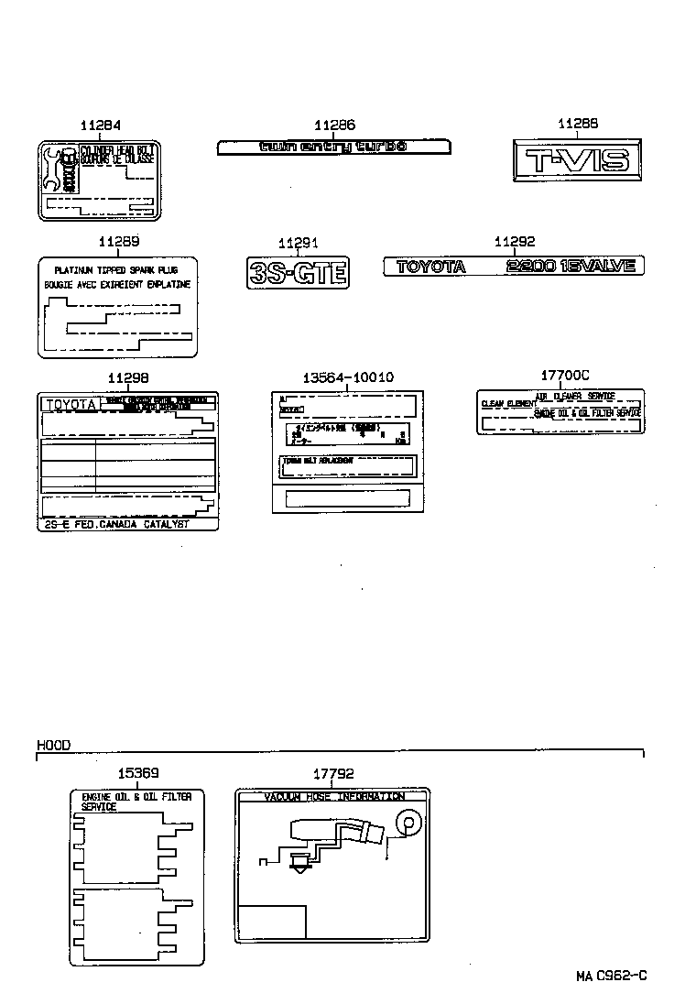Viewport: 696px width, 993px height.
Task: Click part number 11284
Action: pos(99,125)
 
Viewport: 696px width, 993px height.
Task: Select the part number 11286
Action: pos(334,125)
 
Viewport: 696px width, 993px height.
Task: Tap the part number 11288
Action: pos(578,125)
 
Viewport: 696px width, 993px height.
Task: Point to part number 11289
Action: pos(117,242)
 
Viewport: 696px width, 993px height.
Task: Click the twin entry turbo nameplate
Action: pos(333,147)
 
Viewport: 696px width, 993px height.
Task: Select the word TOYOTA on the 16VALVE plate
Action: pos(430,267)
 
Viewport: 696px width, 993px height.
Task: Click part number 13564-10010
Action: pos(347,377)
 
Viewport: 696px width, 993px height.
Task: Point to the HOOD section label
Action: pos(53,747)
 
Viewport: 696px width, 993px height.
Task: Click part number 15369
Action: pos(137,774)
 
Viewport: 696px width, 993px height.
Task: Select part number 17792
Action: pos(332,774)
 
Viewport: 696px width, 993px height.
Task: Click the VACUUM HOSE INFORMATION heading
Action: pos(333,797)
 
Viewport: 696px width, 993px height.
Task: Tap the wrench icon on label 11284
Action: pos(53,169)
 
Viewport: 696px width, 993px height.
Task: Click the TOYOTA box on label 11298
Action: pos(70,404)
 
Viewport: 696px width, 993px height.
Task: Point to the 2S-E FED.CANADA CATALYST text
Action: pos(116,523)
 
